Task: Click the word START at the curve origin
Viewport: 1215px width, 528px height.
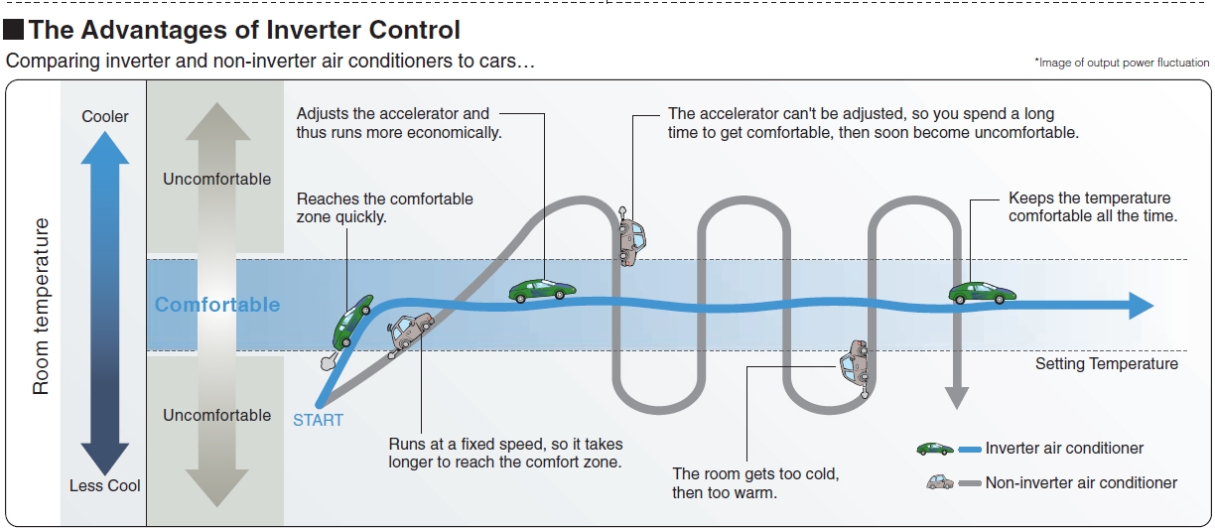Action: (318, 420)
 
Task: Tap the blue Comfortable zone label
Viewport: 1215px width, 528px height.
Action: (217, 305)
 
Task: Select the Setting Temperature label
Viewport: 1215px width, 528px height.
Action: (1106, 364)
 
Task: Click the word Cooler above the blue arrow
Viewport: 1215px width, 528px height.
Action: (105, 116)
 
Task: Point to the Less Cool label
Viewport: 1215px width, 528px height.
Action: (105, 485)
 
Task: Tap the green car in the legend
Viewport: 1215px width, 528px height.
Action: (934, 449)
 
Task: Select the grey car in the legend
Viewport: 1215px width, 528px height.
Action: (938, 483)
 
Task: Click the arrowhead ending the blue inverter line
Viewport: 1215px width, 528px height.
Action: (1142, 306)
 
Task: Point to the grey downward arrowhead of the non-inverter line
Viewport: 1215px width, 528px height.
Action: (955, 398)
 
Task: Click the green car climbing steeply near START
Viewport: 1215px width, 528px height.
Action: (352, 319)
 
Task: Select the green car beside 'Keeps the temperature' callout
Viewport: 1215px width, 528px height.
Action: (982, 292)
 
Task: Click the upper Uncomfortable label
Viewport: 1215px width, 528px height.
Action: (216, 180)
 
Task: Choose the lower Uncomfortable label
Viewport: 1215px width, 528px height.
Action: (216, 415)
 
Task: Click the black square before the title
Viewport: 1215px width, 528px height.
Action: (14, 31)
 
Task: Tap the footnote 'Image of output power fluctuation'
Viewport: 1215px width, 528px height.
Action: (1122, 63)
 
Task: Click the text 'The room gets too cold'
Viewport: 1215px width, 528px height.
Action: (755, 473)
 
